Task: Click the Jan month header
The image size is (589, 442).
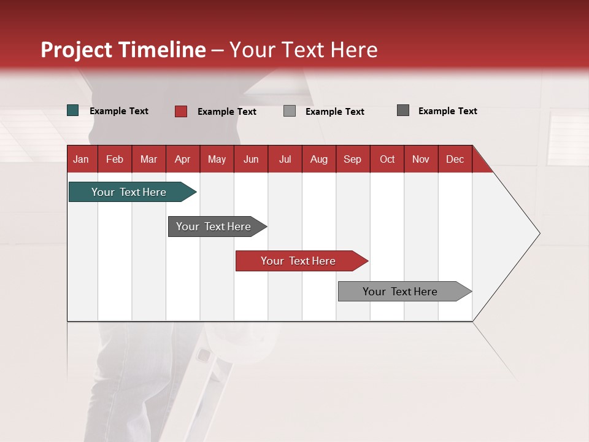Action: tap(81, 159)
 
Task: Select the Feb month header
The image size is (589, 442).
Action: tap(115, 159)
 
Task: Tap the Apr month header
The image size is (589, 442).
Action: tap(182, 159)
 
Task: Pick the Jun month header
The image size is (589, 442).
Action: tap(251, 159)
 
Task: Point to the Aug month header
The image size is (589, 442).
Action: tap(318, 159)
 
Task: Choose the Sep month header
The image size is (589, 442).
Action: tap(352, 159)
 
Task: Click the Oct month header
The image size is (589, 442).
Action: tap(387, 159)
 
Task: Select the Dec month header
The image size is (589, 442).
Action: tap(455, 159)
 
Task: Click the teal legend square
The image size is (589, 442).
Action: tap(73, 110)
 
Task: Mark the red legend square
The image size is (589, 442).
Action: tap(181, 111)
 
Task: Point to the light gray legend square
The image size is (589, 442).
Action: tap(290, 111)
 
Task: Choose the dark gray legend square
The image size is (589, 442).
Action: tap(403, 110)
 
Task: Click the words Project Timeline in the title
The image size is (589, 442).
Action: tap(123, 50)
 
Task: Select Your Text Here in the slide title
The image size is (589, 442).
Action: tap(303, 50)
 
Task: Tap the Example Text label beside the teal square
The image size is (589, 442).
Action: tap(119, 111)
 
